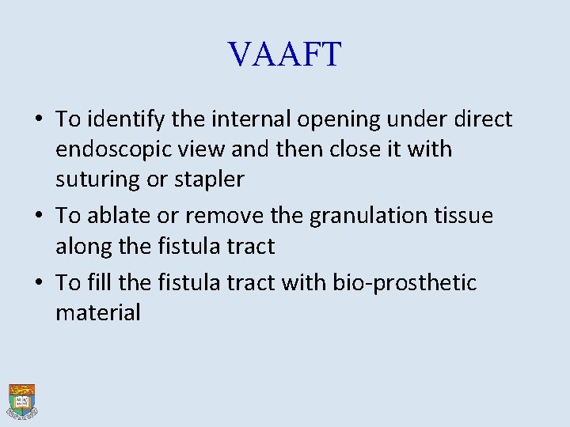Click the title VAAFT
(285, 55)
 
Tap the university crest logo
(22, 401)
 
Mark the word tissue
(464, 216)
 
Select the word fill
(99, 282)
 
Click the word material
(97, 312)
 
